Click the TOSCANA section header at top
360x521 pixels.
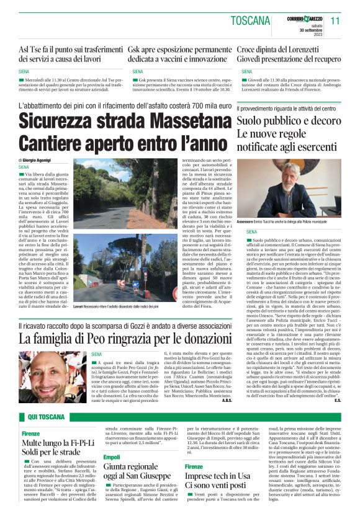tap(253, 20)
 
